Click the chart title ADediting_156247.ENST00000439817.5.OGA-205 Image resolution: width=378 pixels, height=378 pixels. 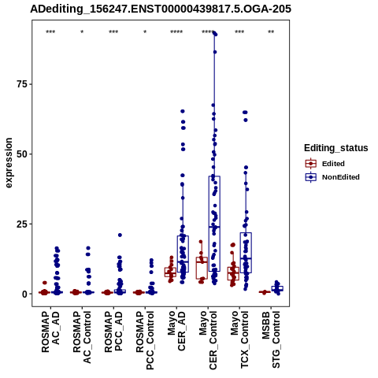point(161,9)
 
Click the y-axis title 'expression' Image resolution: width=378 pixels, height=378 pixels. point(9,163)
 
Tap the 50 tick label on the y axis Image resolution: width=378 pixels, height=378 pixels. point(22,154)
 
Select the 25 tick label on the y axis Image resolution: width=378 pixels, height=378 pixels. point(22,224)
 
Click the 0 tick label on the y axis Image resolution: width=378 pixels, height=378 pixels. point(25,294)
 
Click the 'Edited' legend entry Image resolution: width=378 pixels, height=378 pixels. point(333,164)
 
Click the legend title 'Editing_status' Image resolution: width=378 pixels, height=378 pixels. point(336,148)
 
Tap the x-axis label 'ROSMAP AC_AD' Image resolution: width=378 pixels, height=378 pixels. point(50,332)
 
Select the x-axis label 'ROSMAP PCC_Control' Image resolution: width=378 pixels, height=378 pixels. point(145,340)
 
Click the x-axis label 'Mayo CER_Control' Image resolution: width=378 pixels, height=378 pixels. point(208,340)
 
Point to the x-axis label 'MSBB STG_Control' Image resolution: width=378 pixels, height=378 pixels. point(271,339)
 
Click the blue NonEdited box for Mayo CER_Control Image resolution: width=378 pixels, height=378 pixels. point(214,224)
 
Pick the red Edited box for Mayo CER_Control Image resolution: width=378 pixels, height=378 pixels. point(202,268)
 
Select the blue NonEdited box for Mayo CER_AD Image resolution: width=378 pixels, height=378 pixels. point(183,254)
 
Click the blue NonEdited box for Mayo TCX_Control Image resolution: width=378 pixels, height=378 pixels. point(246,253)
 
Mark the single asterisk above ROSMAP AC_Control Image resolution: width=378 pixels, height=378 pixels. point(82,32)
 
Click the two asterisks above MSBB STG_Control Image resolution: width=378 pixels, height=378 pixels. point(271,32)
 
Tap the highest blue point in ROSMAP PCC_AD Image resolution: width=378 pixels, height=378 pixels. point(120,235)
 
